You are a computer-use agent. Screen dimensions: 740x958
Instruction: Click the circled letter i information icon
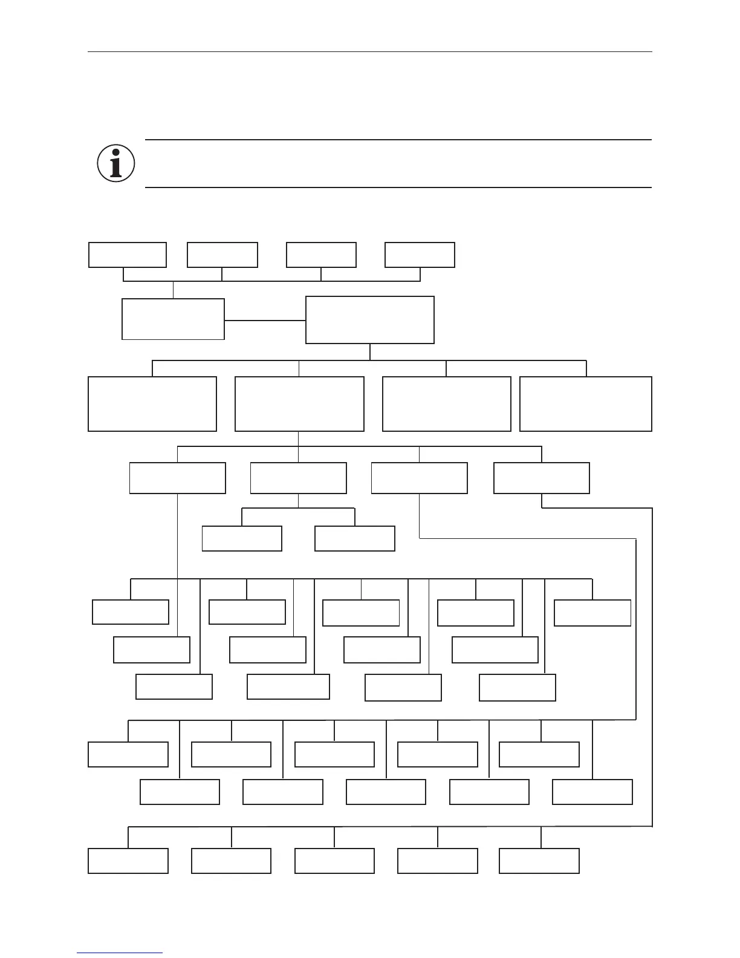pyautogui.click(x=115, y=163)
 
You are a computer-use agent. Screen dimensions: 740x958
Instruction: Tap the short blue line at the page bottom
pyautogui.click(x=120, y=953)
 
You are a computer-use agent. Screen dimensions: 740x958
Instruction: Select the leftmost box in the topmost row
pyautogui.click(x=128, y=255)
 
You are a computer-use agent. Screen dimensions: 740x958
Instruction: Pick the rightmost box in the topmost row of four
pyautogui.click(x=420, y=255)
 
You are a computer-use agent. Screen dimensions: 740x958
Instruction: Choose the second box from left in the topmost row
pyautogui.click(x=222, y=255)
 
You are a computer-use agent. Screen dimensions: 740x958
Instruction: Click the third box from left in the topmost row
pyautogui.click(x=321, y=255)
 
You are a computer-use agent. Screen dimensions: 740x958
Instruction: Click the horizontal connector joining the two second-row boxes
pyautogui.click(x=265, y=321)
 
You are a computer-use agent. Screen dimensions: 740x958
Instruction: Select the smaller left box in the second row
pyautogui.click(x=173, y=319)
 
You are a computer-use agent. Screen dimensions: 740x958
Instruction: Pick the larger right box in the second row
pyautogui.click(x=370, y=320)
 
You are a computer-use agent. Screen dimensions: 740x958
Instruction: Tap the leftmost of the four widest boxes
pyautogui.click(x=152, y=404)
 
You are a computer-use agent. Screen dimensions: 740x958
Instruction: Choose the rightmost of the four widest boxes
pyautogui.click(x=586, y=404)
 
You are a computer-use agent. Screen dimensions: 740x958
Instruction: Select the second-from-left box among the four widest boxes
pyautogui.click(x=299, y=404)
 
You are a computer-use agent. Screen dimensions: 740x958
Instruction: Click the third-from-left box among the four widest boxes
pyautogui.click(x=447, y=404)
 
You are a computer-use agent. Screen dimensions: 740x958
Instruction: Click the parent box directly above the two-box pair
pyautogui.click(x=298, y=478)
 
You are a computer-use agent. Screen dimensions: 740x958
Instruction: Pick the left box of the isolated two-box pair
pyautogui.click(x=242, y=538)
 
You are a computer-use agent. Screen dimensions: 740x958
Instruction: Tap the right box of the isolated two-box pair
pyautogui.click(x=355, y=538)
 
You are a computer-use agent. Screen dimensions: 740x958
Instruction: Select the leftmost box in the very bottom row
pyautogui.click(x=128, y=861)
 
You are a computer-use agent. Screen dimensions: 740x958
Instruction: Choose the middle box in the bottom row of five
pyautogui.click(x=334, y=861)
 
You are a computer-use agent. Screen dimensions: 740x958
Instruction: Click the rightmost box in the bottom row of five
pyautogui.click(x=539, y=861)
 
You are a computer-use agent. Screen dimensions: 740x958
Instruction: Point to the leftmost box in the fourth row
pyautogui.click(x=178, y=478)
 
